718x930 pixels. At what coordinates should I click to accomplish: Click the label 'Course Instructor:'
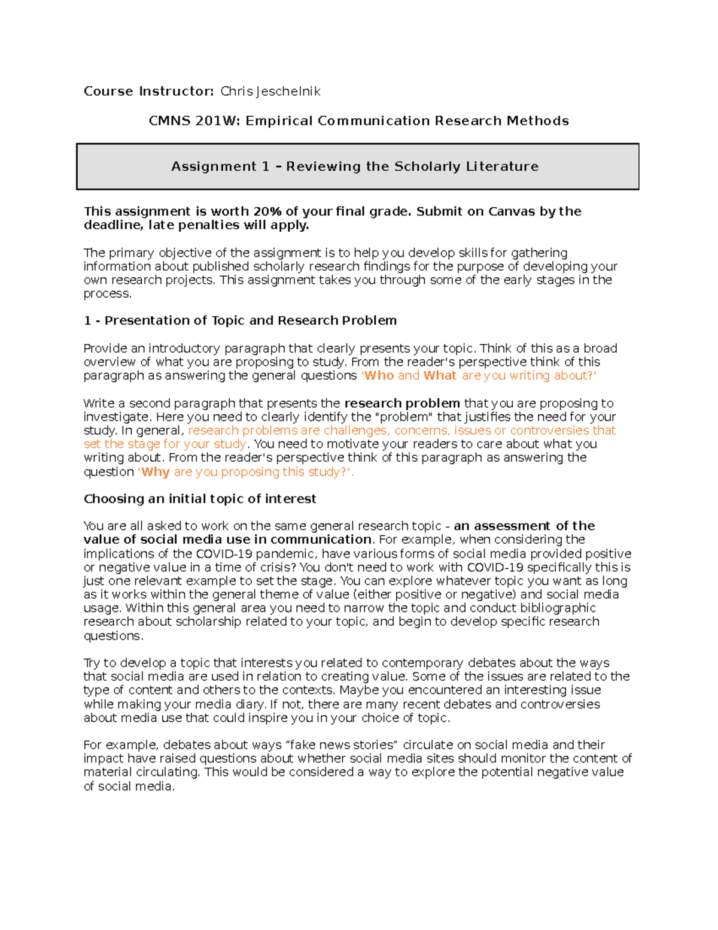[x=148, y=91]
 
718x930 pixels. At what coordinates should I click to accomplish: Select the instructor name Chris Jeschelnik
[x=270, y=91]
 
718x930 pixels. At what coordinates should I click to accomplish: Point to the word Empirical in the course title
[x=279, y=121]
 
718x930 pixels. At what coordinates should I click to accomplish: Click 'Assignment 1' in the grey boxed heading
[x=220, y=166]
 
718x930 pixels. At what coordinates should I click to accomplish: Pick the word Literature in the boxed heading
[x=503, y=166]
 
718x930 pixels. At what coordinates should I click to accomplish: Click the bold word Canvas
[x=512, y=211]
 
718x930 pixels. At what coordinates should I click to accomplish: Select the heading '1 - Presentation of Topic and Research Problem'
[x=240, y=320]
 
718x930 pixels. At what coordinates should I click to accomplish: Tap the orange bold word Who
[x=379, y=375]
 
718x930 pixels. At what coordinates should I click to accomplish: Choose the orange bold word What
[x=440, y=375]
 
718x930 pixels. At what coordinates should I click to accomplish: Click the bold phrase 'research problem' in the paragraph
[x=402, y=403]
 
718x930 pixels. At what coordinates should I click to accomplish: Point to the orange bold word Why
[x=156, y=472]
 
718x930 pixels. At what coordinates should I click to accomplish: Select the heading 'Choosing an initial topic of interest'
[x=200, y=499]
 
